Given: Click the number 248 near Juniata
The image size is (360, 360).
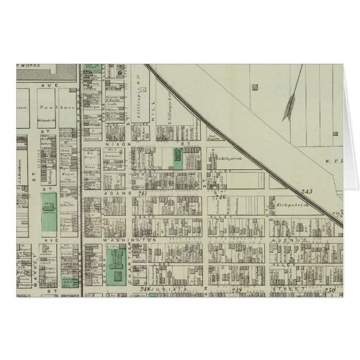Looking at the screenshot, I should [x=145, y=288].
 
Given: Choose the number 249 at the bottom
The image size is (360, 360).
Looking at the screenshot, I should [x=238, y=289].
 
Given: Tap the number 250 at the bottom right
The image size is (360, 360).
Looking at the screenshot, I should [x=330, y=288].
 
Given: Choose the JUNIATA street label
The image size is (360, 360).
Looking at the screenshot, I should [x=170, y=290].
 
